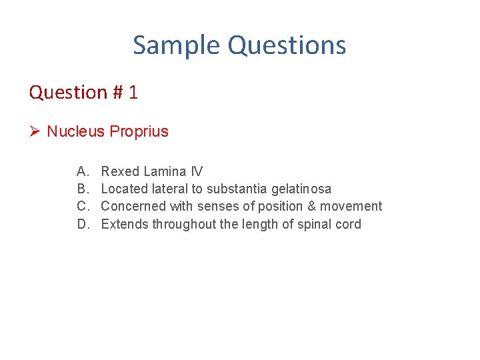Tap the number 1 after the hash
coord(133,92)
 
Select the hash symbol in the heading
coord(119,92)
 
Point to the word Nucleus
coord(75,131)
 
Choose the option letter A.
coord(83,172)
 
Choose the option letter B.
coord(83,189)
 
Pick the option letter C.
coord(83,207)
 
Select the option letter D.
coord(83,224)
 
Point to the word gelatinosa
coord(301,189)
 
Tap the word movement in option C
coord(349,207)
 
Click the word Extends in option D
coord(125,224)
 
